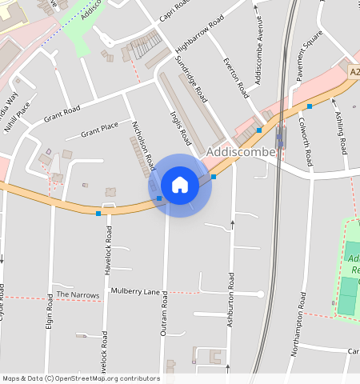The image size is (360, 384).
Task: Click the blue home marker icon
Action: (180, 185)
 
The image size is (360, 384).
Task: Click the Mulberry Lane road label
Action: (136, 291)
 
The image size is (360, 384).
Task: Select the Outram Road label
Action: (163, 313)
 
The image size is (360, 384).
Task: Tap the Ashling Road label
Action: (340, 134)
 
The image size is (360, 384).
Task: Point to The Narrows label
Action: (78, 295)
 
